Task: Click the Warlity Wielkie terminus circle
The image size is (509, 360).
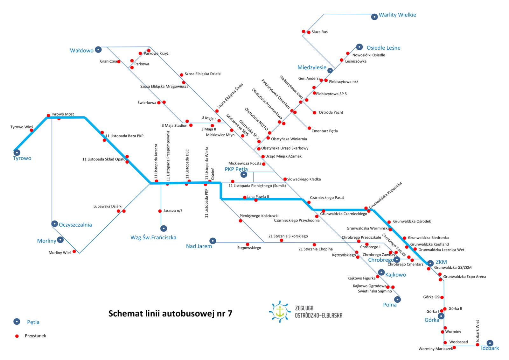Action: (x=374, y=17)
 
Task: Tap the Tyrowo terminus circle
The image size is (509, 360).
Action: (x=17, y=152)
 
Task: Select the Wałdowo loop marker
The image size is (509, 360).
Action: (x=98, y=49)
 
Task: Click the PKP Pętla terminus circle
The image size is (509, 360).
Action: (x=244, y=174)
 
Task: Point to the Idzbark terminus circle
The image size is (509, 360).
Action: (x=490, y=343)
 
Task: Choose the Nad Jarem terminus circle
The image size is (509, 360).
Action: (x=213, y=241)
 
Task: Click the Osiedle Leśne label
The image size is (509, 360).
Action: (x=383, y=48)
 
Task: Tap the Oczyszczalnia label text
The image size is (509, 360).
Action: (x=75, y=225)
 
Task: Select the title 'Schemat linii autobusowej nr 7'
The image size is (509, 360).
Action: (x=170, y=314)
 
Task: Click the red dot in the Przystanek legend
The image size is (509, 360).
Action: (x=17, y=336)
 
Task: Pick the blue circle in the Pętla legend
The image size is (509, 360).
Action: (x=17, y=321)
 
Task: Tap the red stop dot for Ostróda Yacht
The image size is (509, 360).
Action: (x=314, y=113)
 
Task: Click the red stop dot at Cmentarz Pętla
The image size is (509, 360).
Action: (x=309, y=128)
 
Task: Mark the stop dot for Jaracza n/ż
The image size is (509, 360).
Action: (x=160, y=211)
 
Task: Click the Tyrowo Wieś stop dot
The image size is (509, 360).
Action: (x=31, y=130)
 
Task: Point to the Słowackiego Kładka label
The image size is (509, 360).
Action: (x=304, y=179)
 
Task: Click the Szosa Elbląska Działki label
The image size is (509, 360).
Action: (x=203, y=74)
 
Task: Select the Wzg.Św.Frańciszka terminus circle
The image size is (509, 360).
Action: (x=164, y=228)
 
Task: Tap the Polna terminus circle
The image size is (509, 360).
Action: (x=397, y=300)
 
